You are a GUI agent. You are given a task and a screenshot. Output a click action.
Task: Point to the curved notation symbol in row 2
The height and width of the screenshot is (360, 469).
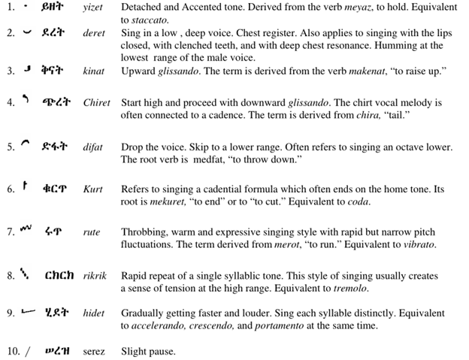point(28,33)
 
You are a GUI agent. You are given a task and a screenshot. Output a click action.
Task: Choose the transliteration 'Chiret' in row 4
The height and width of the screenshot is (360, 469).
point(97,102)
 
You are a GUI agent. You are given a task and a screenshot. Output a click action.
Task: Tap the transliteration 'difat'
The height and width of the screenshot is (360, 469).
point(94,147)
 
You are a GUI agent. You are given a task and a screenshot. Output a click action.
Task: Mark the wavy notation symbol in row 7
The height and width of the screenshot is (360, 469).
point(26,229)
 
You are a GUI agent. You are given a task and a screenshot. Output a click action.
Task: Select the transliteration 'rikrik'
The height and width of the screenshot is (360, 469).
point(95,276)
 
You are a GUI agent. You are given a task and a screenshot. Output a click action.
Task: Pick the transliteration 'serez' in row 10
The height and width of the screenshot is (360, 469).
point(94,351)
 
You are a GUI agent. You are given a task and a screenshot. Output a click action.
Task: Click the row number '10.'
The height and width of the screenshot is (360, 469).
point(14,351)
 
